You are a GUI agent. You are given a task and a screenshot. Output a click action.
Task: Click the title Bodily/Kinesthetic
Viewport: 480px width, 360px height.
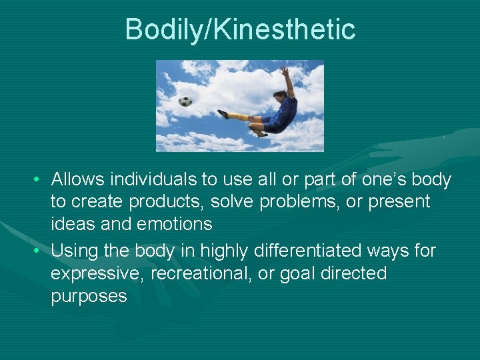click(240, 29)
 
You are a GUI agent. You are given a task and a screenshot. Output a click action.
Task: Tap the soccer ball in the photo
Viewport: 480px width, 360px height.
click(185, 101)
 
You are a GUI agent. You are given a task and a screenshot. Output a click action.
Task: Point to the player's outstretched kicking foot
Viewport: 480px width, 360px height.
click(223, 114)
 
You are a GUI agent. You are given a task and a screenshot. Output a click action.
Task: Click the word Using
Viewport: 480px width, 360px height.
click(74, 251)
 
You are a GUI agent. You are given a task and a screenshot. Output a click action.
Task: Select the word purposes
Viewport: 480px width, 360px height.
click(89, 296)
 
